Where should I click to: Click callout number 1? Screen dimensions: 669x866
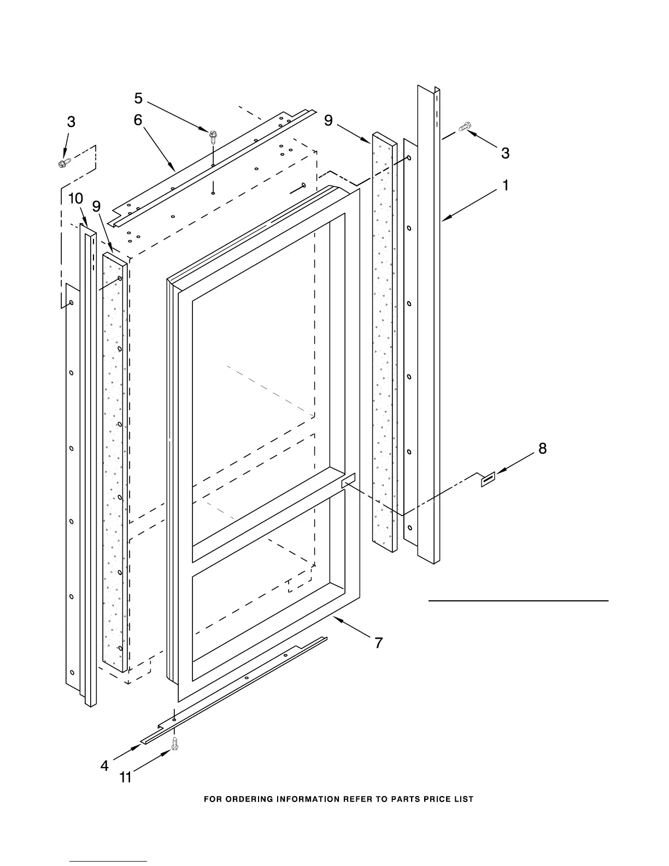click(x=506, y=186)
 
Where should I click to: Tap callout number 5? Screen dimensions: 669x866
click(x=138, y=98)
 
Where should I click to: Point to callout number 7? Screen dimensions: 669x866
click(x=378, y=643)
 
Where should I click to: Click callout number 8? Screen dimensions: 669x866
click(x=542, y=449)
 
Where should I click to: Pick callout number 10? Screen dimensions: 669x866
click(x=75, y=199)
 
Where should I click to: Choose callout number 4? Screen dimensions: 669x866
click(x=104, y=766)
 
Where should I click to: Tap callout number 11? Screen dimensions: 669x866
click(x=126, y=777)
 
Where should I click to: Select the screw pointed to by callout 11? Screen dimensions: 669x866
click(x=175, y=742)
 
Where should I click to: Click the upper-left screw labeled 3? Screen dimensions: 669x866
click(x=64, y=162)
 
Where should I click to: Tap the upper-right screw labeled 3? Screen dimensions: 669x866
click(x=464, y=127)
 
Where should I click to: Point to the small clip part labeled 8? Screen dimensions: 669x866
click(x=488, y=479)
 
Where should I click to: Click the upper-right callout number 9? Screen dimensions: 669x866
click(x=328, y=120)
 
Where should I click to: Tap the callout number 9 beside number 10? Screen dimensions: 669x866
click(x=96, y=206)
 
